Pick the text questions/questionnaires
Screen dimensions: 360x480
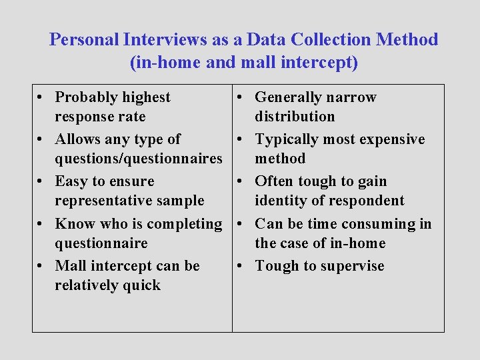pos(139,159)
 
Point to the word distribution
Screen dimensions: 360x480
pos(295,117)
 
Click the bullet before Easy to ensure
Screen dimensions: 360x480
pos(41,182)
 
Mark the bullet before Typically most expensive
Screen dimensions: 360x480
pos(241,140)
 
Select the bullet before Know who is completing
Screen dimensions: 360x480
pos(41,224)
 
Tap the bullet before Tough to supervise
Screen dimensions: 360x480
pos(241,266)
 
